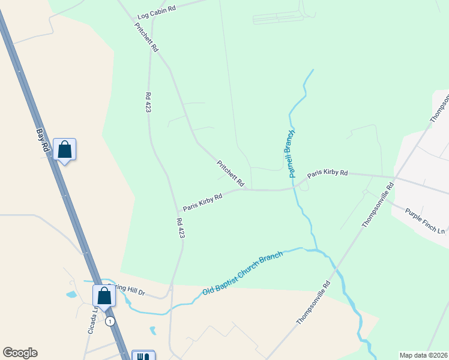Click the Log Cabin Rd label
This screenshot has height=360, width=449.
coord(156,10)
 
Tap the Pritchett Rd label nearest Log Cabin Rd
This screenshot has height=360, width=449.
coord(146,37)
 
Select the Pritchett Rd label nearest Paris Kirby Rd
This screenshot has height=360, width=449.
coord(231,173)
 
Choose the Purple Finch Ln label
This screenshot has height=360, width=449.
coord(425,221)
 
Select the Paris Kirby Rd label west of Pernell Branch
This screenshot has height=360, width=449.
coord(203,202)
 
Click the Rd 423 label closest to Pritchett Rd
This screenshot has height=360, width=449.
coord(148,102)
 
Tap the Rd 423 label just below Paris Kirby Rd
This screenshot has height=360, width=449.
coord(179,228)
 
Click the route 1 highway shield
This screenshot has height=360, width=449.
coord(109,322)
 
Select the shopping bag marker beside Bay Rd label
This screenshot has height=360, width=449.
coord(64,149)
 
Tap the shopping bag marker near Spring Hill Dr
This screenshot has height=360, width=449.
coord(104,296)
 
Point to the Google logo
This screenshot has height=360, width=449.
coord(20,353)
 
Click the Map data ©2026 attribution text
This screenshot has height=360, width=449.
coord(423,355)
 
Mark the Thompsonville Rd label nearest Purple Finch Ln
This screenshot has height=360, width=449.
coord(378,205)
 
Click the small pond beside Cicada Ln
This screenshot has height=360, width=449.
coord(72,295)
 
